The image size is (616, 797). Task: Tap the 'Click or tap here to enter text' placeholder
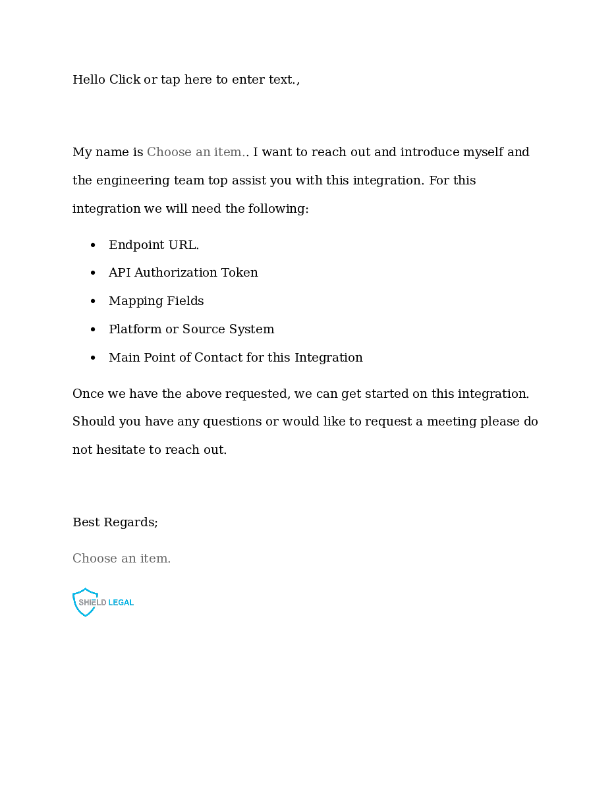coord(203,80)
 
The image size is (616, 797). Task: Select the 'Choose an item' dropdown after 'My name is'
coord(196,152)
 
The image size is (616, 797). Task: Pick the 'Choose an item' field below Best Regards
coord(121,559)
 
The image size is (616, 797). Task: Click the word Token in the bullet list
coord(240,273)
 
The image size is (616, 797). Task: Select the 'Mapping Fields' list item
coord(156,301)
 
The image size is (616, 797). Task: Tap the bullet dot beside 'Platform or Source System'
coord(93,330)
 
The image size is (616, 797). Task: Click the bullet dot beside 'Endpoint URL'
coord(93,246)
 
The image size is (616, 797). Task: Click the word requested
coord(257,394)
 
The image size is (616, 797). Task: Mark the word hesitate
coord(121,450)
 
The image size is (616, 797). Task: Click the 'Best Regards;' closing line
coord(115,522)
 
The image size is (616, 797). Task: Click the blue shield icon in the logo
coord(84,602)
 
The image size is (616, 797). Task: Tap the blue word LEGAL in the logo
coord(121,603)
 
